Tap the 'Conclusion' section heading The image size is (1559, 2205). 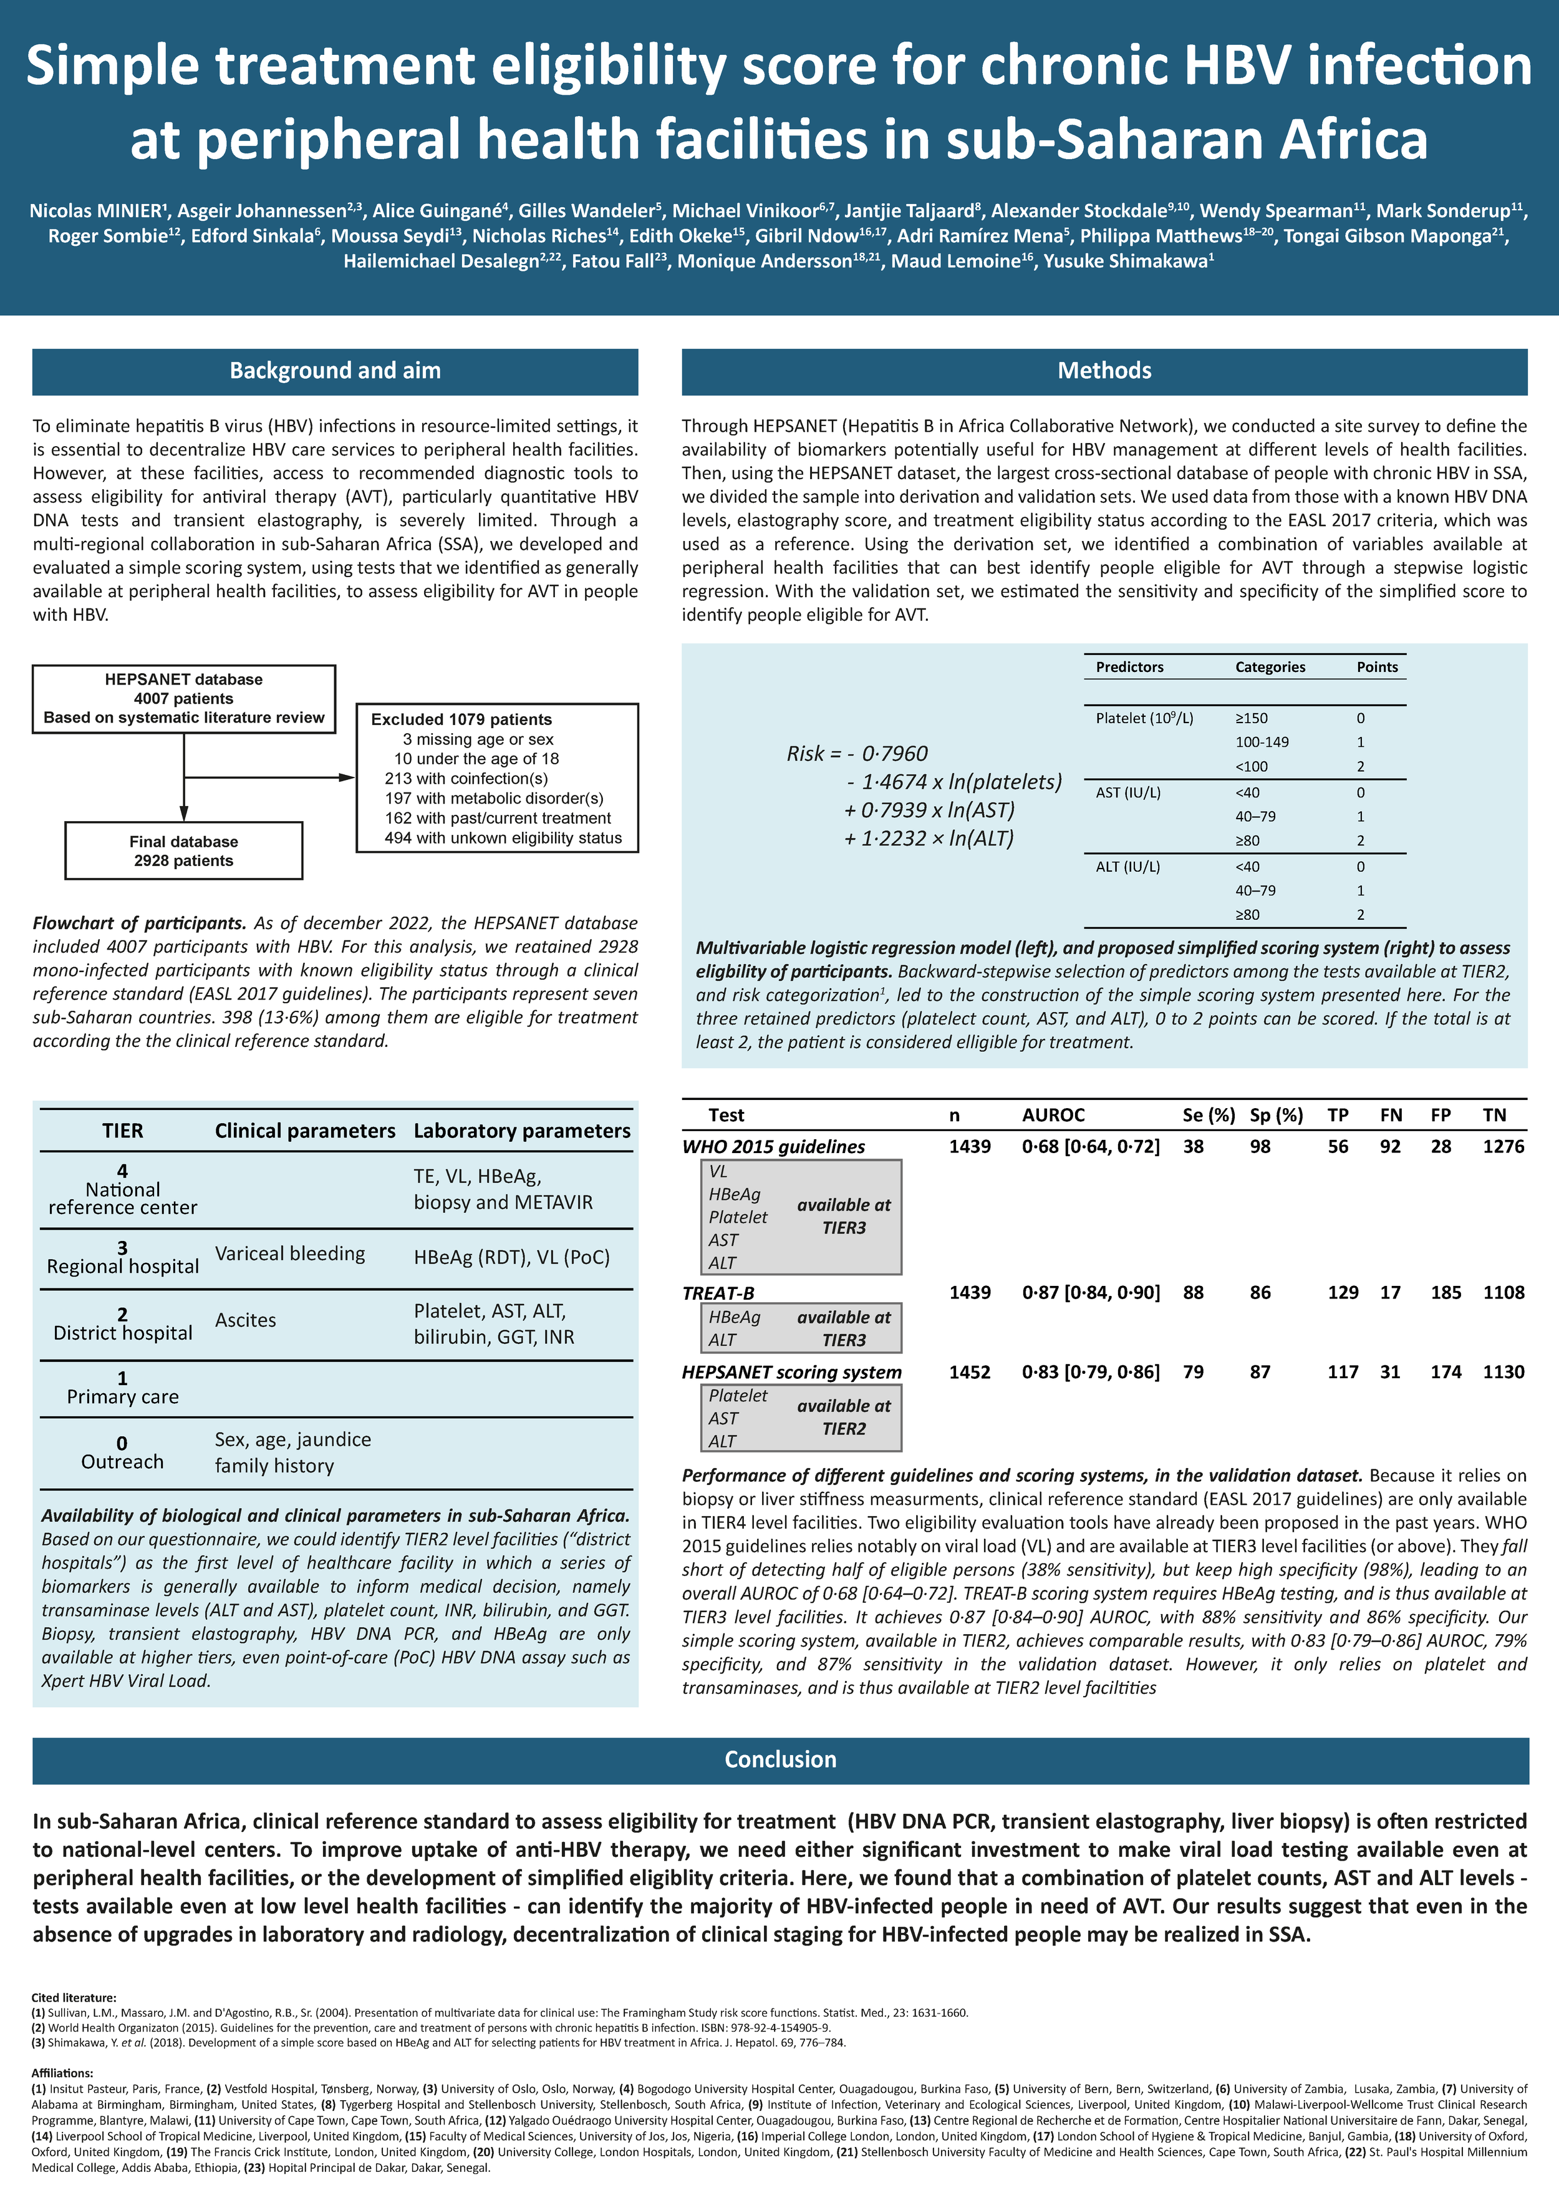click(779, 1760)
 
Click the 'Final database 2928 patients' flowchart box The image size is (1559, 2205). click(183, 851)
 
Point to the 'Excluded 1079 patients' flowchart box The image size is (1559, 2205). click(497, 778)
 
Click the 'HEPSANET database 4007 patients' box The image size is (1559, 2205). click(183, 698)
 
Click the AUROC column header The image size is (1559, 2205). click(1053, 1115)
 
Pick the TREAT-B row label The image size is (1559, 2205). click(718, 1293)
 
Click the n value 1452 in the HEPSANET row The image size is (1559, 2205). click(970, 1373)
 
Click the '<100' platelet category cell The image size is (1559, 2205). click(1251, 766)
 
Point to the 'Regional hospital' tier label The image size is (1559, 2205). click(123, 1267)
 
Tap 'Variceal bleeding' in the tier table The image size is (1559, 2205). click(290, 1253)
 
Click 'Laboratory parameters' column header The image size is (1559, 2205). click(521, 1131)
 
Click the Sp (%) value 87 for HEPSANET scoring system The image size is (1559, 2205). click(1260, 1373)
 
